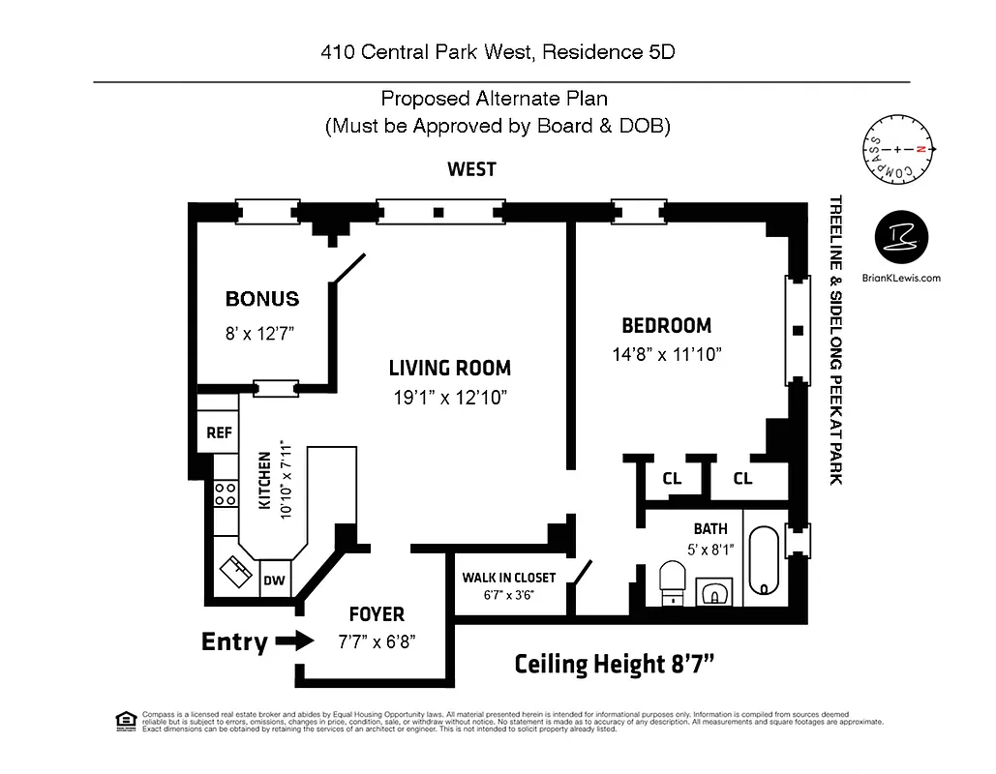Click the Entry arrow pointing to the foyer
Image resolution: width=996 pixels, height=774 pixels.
coord(294,640)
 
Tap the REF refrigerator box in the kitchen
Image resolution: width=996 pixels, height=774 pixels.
coord(220,432)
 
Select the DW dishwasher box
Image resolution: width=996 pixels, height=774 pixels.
coord(275,580)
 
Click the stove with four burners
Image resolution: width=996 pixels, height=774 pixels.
coord(226,494)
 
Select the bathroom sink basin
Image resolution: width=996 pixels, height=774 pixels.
coord(714,591)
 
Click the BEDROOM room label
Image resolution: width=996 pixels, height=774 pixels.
coord(666,326)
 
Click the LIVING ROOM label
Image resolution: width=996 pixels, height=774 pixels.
coord(449,368)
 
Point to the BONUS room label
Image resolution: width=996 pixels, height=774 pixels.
coord(262,299)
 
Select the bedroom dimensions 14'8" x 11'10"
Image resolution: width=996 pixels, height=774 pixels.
coord(667,354)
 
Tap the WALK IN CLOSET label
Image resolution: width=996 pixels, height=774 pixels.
coord(508,578)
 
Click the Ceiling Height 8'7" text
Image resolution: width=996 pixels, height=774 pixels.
coord(615,664)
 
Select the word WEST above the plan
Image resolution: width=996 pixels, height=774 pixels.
coord(471,169)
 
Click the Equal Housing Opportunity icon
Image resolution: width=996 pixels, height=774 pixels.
coord(125,720)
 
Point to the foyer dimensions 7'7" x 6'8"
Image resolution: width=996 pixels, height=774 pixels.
coord(377,640)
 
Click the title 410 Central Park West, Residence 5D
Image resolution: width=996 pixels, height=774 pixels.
coord(498,52)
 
